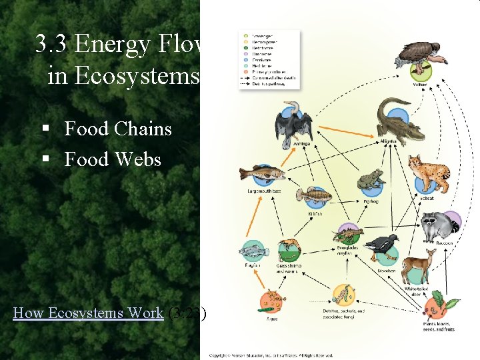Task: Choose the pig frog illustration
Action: pos(370,180)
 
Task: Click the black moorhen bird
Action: pos(381,246)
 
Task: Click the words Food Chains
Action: pos(118,129)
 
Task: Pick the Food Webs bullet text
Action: pos(113,159)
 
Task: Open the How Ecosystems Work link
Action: pos(89,313)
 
